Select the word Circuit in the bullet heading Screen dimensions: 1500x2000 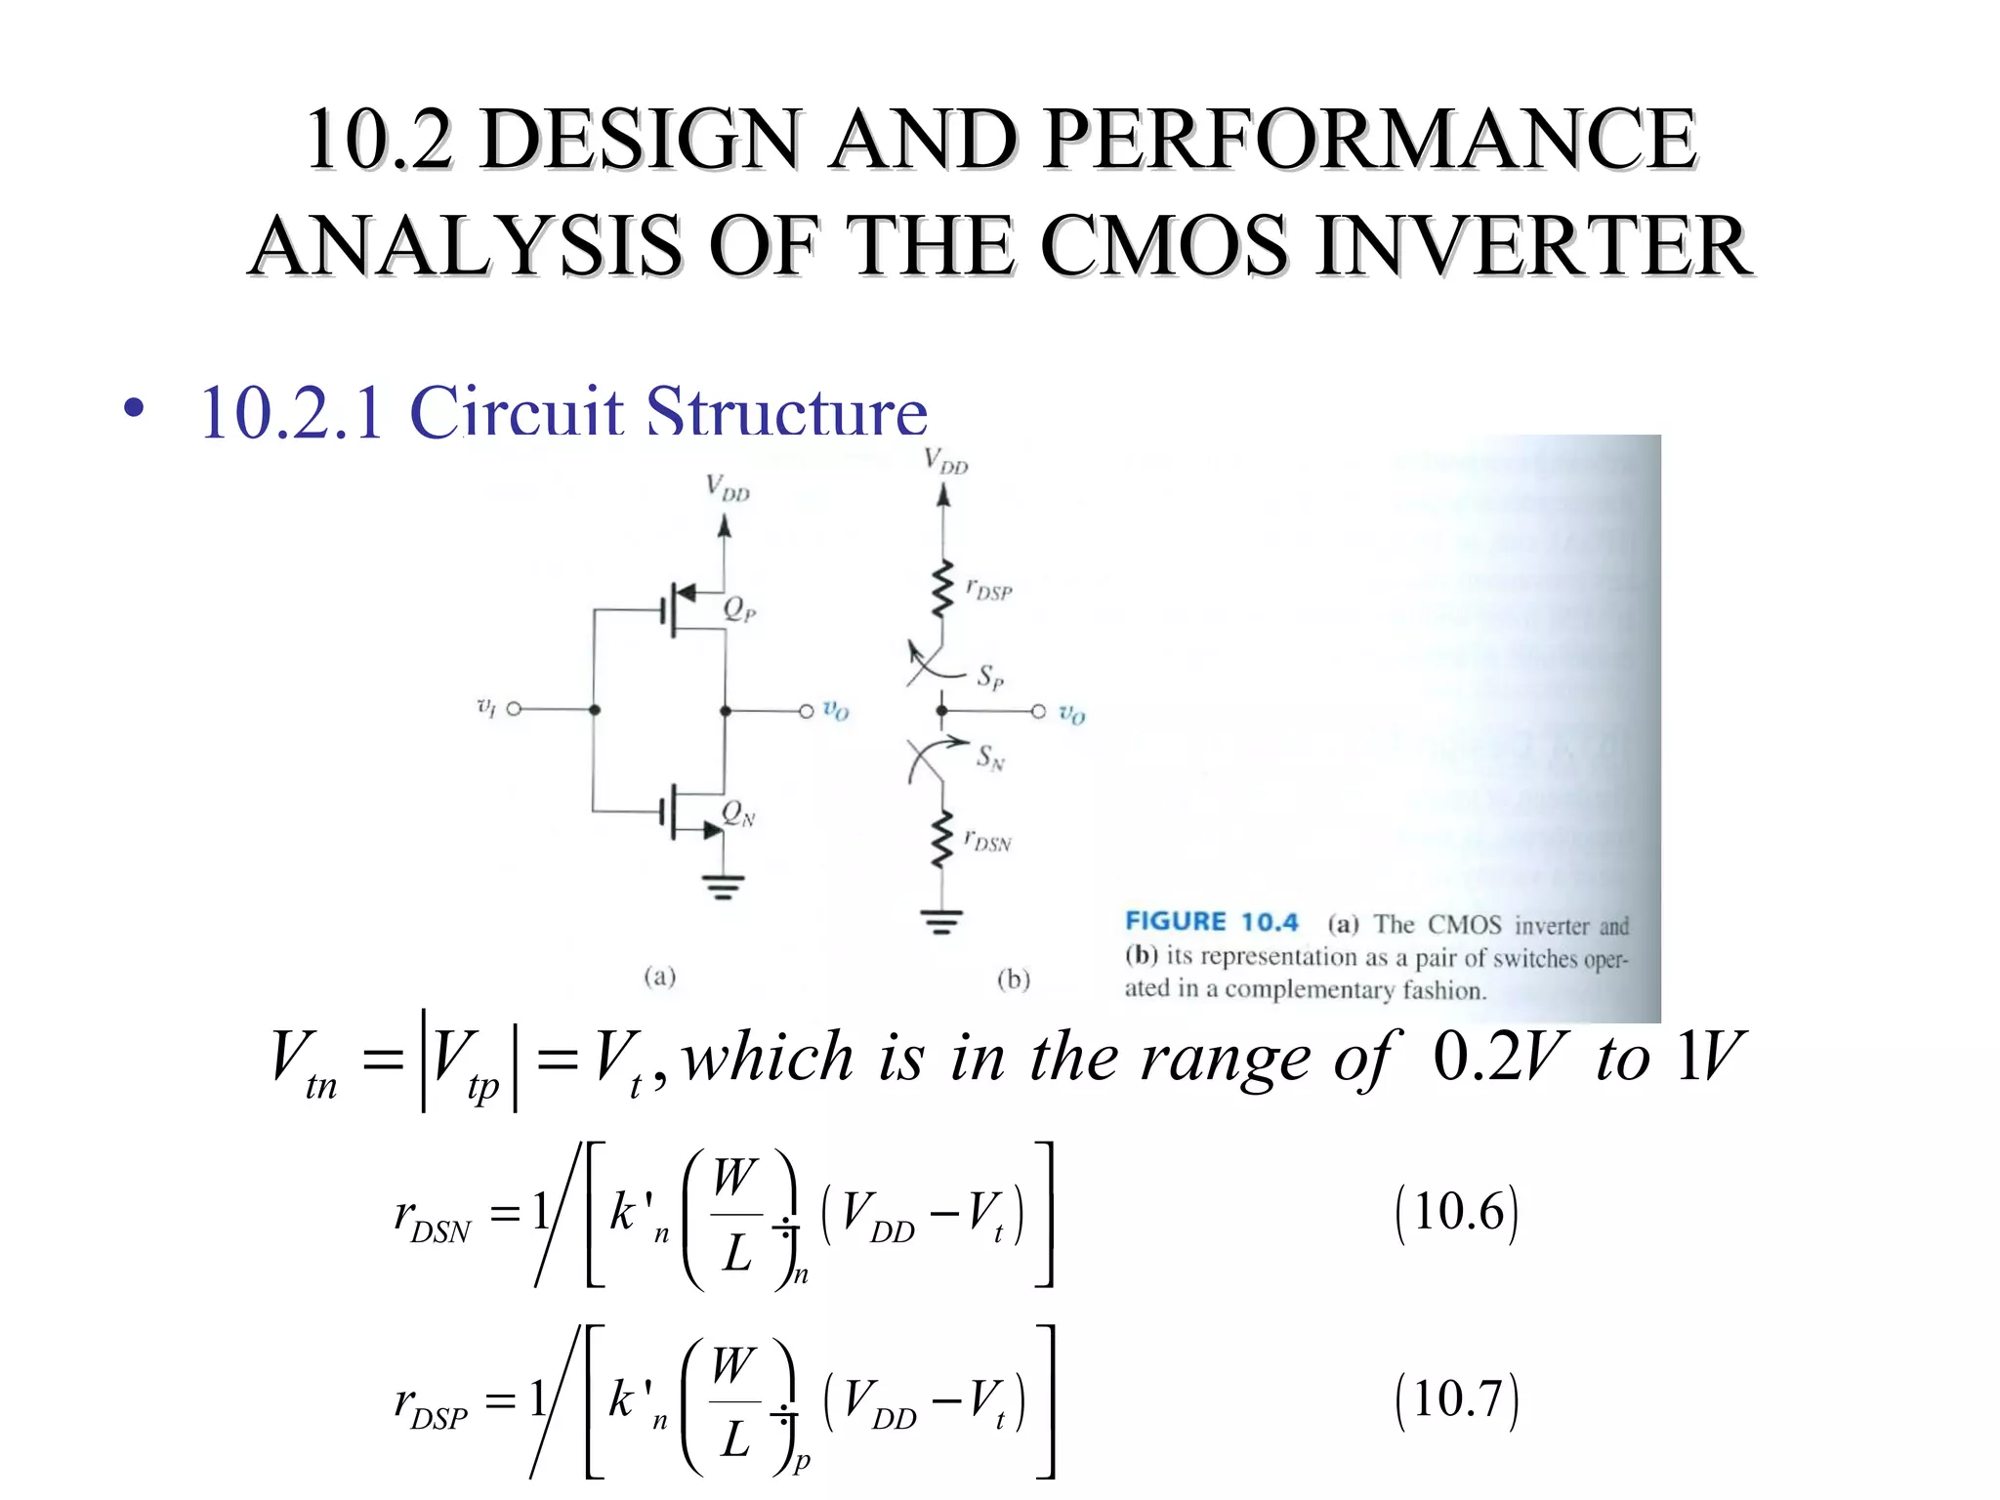coord(516,412)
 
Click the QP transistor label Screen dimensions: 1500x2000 coord(738,609)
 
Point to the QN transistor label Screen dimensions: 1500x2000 coord(737,813)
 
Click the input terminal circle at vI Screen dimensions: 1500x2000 coord(514,709)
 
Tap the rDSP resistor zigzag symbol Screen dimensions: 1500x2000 coord(941,589)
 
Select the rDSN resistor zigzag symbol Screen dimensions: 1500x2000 coord(941,838)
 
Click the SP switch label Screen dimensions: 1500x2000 coord(990,676)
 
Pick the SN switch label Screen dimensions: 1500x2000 coord(990,757)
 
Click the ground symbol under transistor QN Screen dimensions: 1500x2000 coord(723,887)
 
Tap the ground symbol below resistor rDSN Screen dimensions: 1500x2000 coord(941,921)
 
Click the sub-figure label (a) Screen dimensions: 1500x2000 coord(660,977)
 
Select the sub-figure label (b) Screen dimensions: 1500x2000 coord(1014,979)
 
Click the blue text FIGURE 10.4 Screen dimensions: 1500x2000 coord(1211,922)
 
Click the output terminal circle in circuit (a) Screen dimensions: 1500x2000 coord(807,711)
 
